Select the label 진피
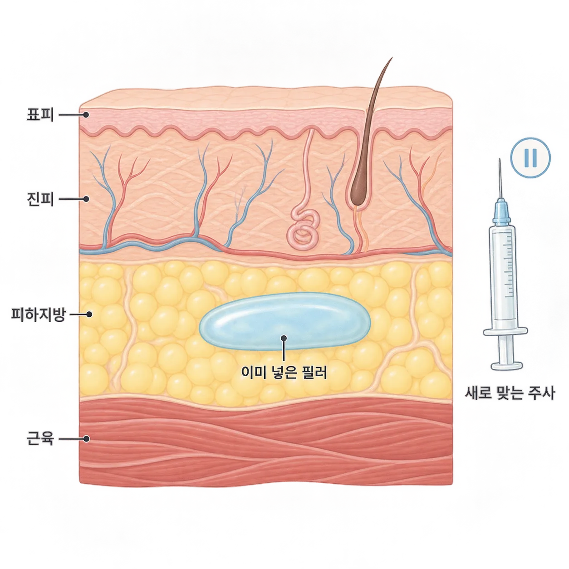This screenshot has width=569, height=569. (x=40, y=199)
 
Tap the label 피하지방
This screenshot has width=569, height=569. (x=38, y=314)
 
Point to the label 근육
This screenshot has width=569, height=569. (x=40, y=439)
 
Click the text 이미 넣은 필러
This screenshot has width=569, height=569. (x=284, y=373)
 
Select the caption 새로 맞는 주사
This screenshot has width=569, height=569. (x=510, y=393)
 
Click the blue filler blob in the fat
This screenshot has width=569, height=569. (x=284, y=321)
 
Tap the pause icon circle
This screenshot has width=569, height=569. (x=530, y=158)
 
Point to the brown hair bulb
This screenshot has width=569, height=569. (x=358, y=189)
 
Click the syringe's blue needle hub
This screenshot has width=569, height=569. (x=501, y=212)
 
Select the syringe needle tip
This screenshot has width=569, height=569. (x=500, y=159)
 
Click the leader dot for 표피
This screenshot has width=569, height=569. (x=86, y=114)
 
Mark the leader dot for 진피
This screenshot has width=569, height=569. (x=86, y=199)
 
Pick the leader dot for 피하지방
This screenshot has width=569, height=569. (x=89, y=314)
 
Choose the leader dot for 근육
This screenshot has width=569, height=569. (x=86, y=439)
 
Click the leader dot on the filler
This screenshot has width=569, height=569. (x=284, y=338)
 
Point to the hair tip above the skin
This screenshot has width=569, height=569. (x=392, y=58)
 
